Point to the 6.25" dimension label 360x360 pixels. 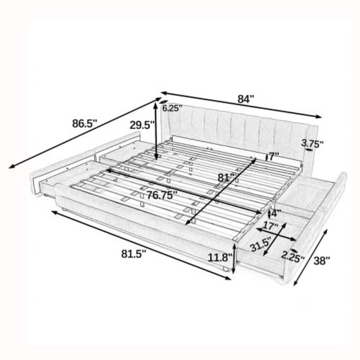172,108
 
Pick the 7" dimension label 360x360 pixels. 274,157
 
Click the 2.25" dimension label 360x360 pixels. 292,256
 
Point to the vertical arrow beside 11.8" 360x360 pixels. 234,257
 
